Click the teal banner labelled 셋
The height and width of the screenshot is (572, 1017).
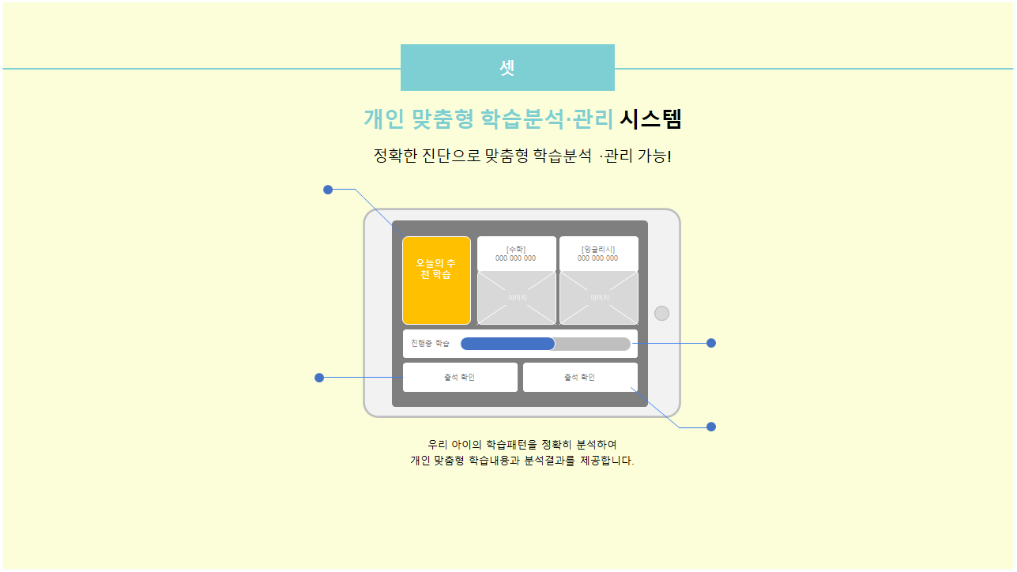(507, 68)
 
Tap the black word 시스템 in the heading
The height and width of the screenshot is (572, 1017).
(650, 119)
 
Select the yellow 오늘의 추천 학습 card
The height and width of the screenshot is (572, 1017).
(436, 280)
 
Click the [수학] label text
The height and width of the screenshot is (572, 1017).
(515, 250)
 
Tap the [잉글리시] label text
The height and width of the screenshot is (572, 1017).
(598, 250)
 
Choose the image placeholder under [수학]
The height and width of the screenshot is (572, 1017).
(517, 298)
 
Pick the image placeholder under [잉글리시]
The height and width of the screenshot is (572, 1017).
(599, 298)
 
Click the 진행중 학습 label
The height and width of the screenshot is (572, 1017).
(430, 344)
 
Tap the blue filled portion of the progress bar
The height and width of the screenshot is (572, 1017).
(507, 344)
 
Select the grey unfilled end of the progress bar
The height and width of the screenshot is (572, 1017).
(593, 344)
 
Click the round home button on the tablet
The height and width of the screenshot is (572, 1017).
(662, 313)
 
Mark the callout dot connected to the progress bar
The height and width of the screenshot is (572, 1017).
(711, 343)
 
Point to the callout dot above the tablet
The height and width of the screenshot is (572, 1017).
(328, 190)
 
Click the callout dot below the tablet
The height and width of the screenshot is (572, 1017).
(711, 427)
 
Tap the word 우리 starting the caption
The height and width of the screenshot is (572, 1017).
(438, 444)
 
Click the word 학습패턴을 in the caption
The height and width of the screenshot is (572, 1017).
(510, 444)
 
